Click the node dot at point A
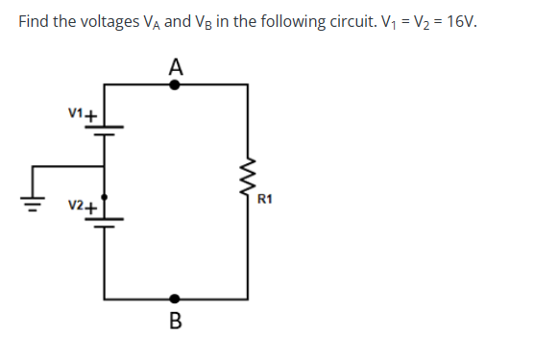click(x=174, y=84)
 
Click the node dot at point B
click(x=174, y=299)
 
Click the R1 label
click(x=266, y=200)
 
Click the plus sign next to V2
click(x=91, y=205)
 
